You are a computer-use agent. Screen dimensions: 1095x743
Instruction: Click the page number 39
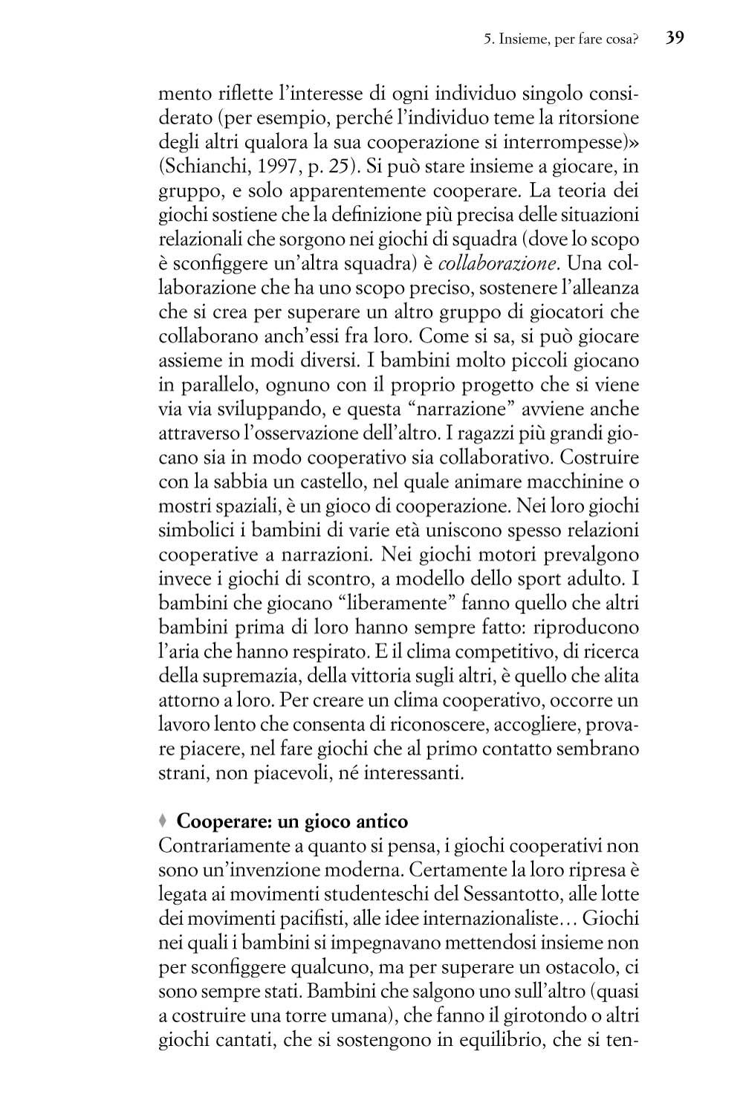[x=675, y=38]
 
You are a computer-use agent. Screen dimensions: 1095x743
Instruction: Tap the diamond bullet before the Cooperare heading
[x=163, y=821]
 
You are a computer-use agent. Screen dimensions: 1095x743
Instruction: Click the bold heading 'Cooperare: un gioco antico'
[x=292, y=821]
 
